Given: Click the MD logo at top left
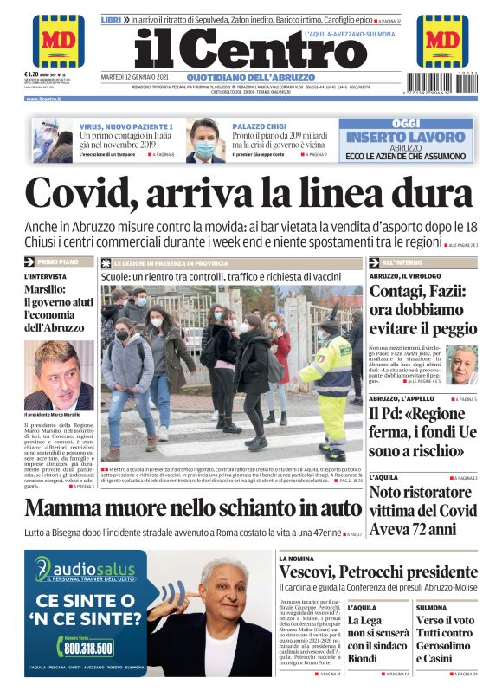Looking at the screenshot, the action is point(58,41).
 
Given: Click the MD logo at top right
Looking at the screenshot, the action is point(442,41).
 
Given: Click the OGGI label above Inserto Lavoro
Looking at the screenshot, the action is point(405,123).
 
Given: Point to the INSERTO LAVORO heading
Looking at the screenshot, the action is point(405,136).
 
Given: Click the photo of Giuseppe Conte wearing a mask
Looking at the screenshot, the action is point(206,139).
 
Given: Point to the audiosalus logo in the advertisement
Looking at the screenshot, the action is point(86,570).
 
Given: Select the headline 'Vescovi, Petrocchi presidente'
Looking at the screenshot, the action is point(377,573).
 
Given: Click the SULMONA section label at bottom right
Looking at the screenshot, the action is point(430,608).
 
